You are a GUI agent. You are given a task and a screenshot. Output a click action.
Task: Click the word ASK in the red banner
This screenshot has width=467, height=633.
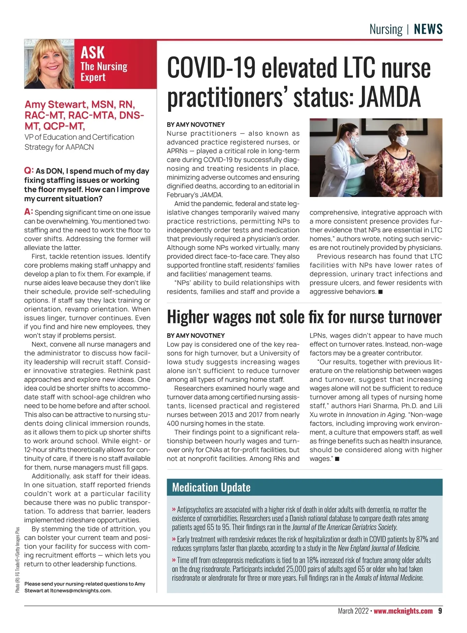[x=93, y=53]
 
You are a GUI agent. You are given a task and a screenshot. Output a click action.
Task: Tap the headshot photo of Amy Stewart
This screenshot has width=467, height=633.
[x=49, y=64]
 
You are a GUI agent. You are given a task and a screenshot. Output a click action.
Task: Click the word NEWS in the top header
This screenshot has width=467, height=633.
[x=428, y=29]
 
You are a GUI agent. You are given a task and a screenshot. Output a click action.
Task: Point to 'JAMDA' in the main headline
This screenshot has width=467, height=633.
[x=390, y=97]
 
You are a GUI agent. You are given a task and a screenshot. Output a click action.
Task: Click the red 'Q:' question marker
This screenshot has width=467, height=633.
[x=29, y=171]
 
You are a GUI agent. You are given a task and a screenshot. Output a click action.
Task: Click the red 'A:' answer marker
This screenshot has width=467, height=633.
[x=28, y=212]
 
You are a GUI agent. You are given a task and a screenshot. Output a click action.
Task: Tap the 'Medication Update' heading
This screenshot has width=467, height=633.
[x=211, y=487]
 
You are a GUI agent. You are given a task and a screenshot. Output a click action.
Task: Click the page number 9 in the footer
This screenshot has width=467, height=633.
[x=440, y=611]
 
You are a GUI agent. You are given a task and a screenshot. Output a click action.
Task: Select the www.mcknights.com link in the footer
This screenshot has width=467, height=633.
[x=403, y=611]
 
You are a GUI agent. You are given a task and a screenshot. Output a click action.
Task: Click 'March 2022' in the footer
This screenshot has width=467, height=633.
[x=353, y=611]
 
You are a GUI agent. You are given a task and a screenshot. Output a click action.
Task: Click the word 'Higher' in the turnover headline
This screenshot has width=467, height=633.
[x=188, y=317]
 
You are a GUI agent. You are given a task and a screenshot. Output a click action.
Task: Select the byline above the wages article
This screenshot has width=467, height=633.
[x=196, y=335]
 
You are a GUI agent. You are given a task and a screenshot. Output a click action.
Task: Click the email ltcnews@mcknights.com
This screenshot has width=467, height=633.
[x=81, y=591]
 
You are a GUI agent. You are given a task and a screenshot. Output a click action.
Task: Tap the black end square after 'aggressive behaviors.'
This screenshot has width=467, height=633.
[x=380, y=292]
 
